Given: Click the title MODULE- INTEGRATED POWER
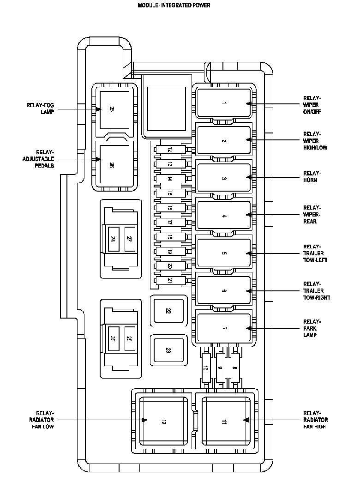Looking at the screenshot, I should [174, 6].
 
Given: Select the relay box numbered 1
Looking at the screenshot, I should [224, 103].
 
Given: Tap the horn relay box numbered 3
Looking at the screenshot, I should [224, 178].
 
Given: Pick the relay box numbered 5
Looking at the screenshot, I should [224, 253].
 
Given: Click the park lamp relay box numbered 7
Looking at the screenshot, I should [224, 328].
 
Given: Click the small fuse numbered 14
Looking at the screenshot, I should [170, 178].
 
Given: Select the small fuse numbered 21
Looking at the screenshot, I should [170, 280].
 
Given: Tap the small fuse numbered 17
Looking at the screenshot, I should [170, 222].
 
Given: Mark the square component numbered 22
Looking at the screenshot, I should [168, 311].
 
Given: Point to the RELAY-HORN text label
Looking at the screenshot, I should [312, 176].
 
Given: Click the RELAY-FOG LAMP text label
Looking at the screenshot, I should [41, 108].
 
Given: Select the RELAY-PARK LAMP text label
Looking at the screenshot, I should [312, 328].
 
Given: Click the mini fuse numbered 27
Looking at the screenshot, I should [130, 239].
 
